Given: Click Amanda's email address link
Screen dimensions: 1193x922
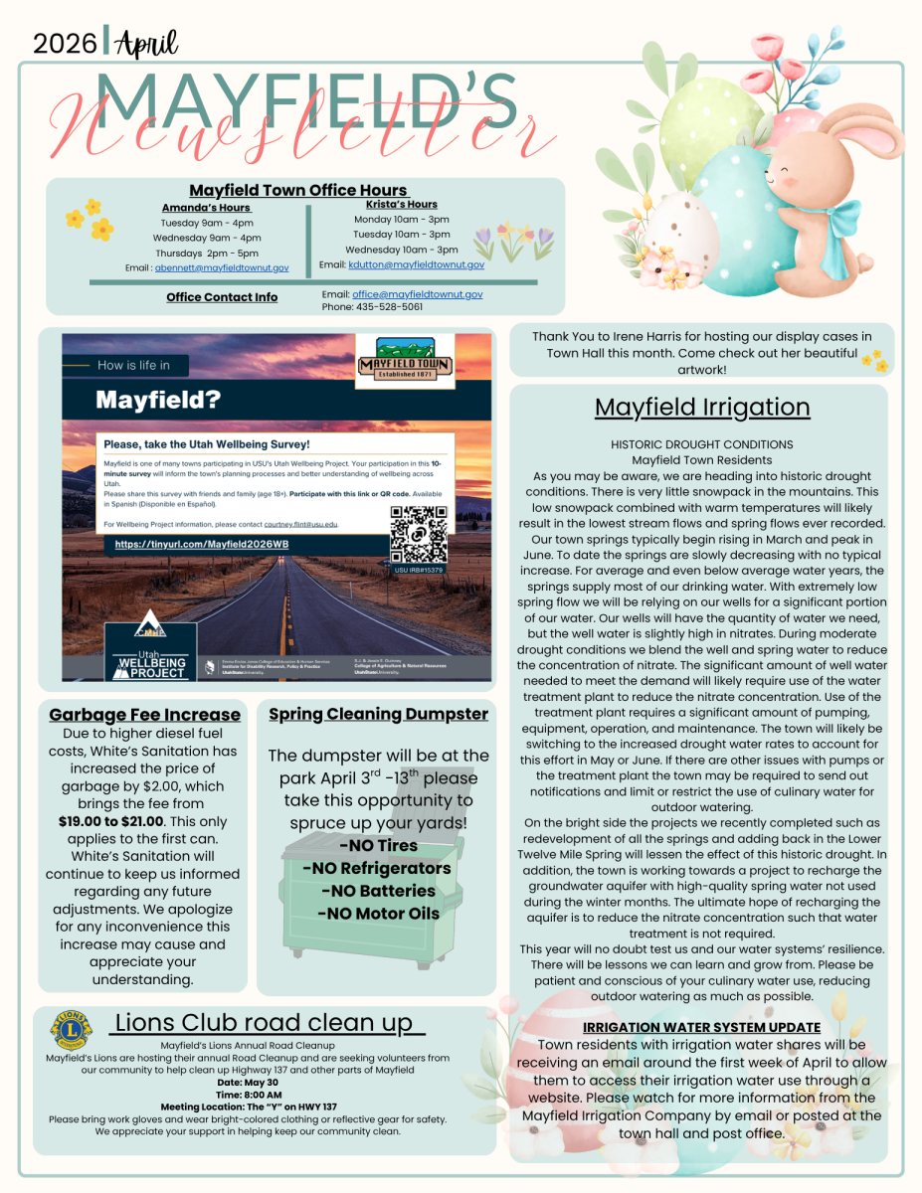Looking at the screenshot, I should click(222, 268).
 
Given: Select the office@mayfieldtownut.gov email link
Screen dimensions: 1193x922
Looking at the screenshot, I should click(418, 295).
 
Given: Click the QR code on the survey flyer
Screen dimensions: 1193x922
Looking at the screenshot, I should click(418, 534).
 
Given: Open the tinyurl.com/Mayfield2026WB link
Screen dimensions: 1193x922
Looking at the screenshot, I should click(202, 545).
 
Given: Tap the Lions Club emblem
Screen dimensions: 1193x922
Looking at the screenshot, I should click(70, 1030).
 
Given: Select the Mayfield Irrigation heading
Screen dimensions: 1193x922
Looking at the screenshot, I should click(702, 408).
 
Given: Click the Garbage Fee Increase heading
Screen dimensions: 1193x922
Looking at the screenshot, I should click(145, 715).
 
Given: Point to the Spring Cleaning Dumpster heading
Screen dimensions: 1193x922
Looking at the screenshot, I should click(378, 714).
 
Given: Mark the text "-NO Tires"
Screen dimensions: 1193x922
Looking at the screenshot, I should click(378, 846).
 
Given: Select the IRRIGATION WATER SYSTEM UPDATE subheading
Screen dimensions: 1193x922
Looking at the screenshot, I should click(702, 1027).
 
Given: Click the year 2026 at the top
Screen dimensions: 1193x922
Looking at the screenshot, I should click(66, 43).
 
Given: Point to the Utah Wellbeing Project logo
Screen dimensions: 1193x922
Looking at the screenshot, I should click(150, 646).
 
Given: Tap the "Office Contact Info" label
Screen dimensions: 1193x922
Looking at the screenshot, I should click(222, 297).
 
